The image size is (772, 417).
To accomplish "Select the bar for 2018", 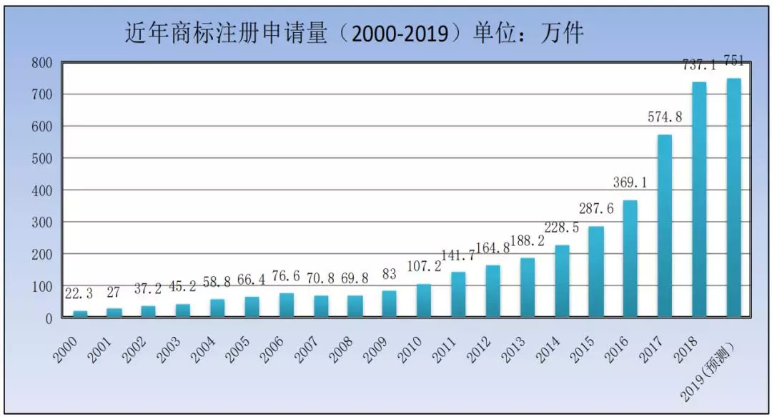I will pyautogui.click(x=699, y=200).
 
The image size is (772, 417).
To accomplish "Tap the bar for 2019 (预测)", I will pyautogui.click(x=733, y=197).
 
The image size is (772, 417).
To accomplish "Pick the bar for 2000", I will pyautogui.click(x=80, y=314).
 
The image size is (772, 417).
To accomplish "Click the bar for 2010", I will pyautogui.click(x=424, y=300).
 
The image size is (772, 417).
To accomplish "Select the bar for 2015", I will pyautogui.click(x=595, y=272).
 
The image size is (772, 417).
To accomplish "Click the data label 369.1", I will pyautogui.click(x=630, y=183).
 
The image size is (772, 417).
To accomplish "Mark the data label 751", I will pyautogui.click(x=733, y=60).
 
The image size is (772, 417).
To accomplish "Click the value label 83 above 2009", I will pyautogui.click(x=389, y=274).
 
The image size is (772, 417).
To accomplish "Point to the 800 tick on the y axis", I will pyautogui.click(x=42, y=63).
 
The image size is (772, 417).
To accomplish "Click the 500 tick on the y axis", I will pyautogui.click(x=42, y=158).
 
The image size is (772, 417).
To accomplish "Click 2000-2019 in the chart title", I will pyautogui.click(x=390, y=34).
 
